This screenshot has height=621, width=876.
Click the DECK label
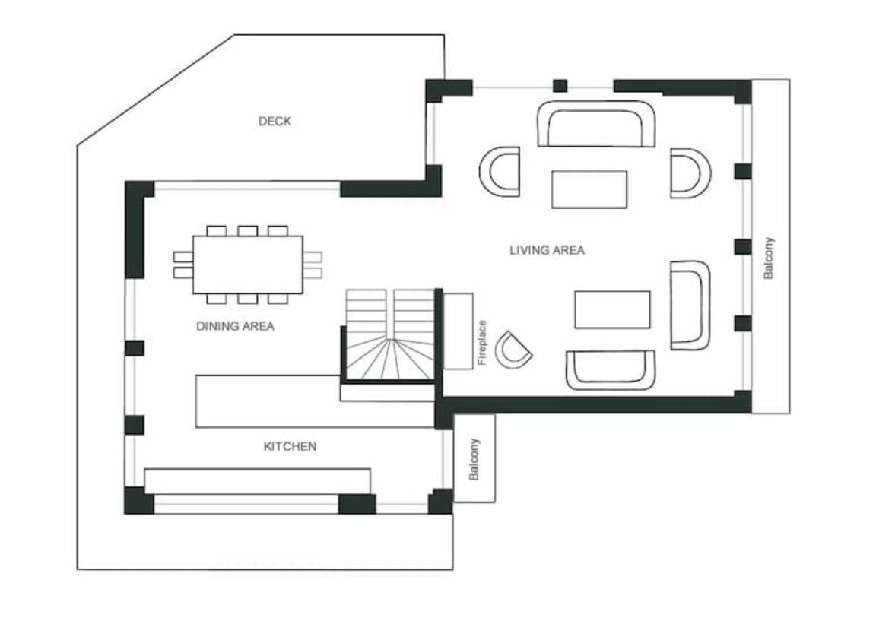(x=275, y=121)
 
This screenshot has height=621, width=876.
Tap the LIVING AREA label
(x=547, y=250)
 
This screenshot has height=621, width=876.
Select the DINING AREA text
(x=235, y=326)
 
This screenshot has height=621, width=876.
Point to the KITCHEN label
(x=290, y=447)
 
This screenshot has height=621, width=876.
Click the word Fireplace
(x=483, y=343)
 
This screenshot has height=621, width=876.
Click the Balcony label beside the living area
(x=770, y=258)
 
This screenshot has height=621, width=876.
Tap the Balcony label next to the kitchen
(x=474, y=459)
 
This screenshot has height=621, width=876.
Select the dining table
(x=247, y=265)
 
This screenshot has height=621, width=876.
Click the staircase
(x=389, y=334)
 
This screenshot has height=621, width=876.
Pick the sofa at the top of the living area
(x=596, y=123)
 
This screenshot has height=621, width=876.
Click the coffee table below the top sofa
(x=589, y=189)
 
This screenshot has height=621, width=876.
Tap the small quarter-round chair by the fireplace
(x=513, y=350)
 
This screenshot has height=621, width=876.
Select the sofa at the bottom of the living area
(x=610, y=369)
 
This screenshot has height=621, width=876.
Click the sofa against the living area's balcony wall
(x=690, y=305)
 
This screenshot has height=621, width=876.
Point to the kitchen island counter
(x=315, y=401)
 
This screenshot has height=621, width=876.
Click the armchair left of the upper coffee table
(x=500, y=172)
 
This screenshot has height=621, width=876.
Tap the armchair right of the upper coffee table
(x=690, y=173)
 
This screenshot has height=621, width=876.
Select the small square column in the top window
(x=560, y=86)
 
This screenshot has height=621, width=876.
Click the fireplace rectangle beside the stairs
(x=458, y=331)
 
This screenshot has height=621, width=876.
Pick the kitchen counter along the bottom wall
(x=257, y=481)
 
